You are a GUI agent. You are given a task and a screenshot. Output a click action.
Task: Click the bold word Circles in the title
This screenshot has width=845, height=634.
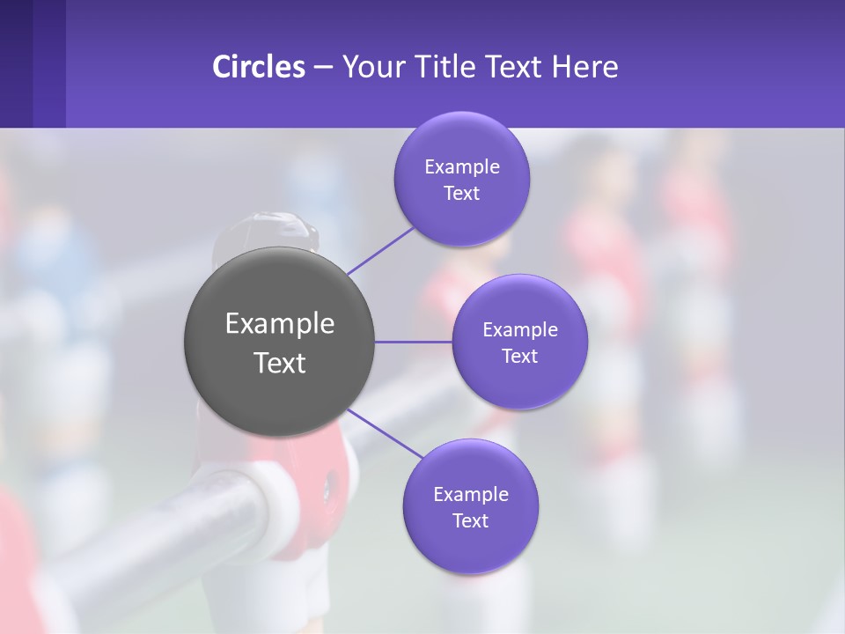click(258, 66)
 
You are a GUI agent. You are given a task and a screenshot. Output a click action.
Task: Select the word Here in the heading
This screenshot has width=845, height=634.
click(585, 66)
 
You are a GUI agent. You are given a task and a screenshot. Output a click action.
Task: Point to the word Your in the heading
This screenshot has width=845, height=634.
click(371, 66)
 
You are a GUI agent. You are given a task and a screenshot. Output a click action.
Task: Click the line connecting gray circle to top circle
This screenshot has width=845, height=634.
click(380, 250)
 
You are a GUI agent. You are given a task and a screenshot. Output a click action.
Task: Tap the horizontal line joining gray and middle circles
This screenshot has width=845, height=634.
click(414, 342)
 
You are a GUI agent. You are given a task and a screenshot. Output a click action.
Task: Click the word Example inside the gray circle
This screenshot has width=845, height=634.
click(279, 324)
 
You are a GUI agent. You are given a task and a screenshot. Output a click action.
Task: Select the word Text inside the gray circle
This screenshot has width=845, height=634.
click(279, 363)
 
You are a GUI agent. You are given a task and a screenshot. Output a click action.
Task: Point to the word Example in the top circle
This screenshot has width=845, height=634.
click(461, 167)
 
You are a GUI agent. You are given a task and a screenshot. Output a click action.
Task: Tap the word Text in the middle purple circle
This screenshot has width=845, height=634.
click(519, 357)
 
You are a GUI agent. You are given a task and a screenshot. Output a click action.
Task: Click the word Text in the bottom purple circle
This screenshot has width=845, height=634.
click(470, 521)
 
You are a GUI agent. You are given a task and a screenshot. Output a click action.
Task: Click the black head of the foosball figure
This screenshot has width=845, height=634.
click(266, 232)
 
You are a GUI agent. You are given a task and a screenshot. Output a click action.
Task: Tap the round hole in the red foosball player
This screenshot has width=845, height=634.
click(331, 483)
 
